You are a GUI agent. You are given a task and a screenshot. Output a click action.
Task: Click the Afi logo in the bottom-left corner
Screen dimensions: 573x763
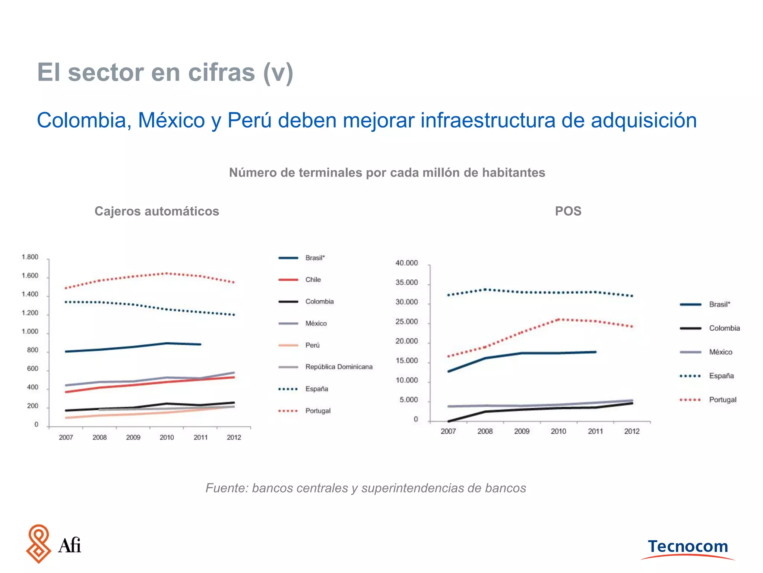pyautogui.click(x=53, y=544)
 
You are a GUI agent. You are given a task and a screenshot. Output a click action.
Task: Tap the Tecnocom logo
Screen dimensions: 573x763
pyautogui.click(x=688, y=547)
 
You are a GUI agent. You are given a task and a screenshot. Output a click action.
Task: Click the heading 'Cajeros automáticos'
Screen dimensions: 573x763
pyautogui.click(x=156, y=211)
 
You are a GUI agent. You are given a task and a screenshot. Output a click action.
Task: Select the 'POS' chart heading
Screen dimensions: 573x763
pyautogui.click(x=568, y=211)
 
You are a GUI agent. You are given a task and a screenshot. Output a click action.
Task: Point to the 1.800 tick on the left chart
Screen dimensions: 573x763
pyautogui.click(x=30, y=257)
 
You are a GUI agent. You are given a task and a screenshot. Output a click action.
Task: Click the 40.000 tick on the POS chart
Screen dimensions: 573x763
pyautogui.click(x=406, y=263)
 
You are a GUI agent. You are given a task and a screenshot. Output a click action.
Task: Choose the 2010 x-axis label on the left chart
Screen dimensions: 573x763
pyautogui.click(x=167, y=437)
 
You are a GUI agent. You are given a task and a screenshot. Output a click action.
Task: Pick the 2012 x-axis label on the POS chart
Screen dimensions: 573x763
pyautogui.click(x=631, y=431)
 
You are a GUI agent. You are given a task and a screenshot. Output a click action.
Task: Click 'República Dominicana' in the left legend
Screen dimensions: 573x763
pyautogui.click(x=339, y=367)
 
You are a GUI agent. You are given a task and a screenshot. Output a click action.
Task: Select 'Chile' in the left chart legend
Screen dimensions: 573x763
pyautogui.click(x=313, y=279)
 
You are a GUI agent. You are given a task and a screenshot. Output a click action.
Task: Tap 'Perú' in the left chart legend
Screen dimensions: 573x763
pyautogui.click(x=312, y=345)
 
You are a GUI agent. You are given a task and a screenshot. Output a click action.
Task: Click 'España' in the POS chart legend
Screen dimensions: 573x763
pyautogui.click(x=721, y=376)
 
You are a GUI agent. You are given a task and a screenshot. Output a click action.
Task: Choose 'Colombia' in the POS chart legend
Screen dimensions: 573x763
pyautogui.click(x=724, y=328)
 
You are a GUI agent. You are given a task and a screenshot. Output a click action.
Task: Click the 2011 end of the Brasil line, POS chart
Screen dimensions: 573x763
pyautogui.click(x=595, y=352)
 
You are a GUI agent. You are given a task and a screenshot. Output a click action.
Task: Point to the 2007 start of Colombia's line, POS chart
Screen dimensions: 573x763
pyautogui.click(x=449, y=421)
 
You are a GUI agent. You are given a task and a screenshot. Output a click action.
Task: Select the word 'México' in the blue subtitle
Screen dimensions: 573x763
pyautogui.click(x=171, y=120)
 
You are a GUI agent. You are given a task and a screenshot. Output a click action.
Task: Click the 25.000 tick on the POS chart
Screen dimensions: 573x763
pyautogui.click(x=406, y=322)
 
